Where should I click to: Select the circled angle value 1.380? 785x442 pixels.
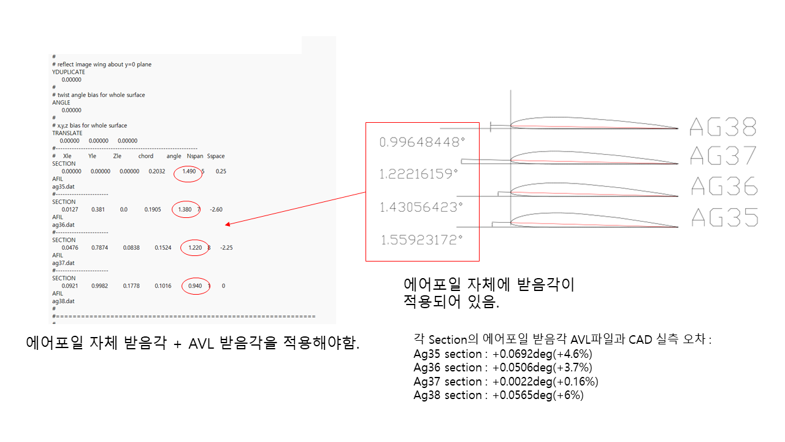185,209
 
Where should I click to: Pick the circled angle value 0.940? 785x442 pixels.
196,286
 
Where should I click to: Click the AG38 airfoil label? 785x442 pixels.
723,126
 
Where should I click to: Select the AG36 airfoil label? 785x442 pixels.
724,185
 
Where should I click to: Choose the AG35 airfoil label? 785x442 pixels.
724,217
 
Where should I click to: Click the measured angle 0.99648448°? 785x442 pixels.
422,142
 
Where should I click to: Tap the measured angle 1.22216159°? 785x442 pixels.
419,174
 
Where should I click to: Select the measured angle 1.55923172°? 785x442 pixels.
422,239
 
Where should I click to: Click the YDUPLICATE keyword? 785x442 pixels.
69,72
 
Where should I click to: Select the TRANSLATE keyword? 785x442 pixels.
67,133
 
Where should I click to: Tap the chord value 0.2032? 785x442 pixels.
156,171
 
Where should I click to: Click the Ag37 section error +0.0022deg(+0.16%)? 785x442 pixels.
545,381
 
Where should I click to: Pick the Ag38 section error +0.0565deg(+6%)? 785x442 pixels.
538,395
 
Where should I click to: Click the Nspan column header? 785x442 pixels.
194,156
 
